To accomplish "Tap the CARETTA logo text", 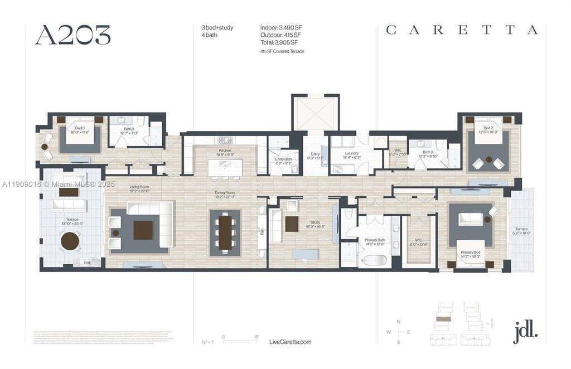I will (x=462, y=30).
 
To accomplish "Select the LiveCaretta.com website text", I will (x=290, y=342).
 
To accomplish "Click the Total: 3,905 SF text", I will (x=279, y=42).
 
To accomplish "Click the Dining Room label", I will (x=225, y=193).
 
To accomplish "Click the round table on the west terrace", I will (x=71, y=241).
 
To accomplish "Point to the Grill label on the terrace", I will (x=88, y=262).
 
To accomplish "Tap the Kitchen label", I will (x=225, y=151).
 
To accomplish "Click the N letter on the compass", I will (x=398, y=322).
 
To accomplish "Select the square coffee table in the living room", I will (x=143, y=230).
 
